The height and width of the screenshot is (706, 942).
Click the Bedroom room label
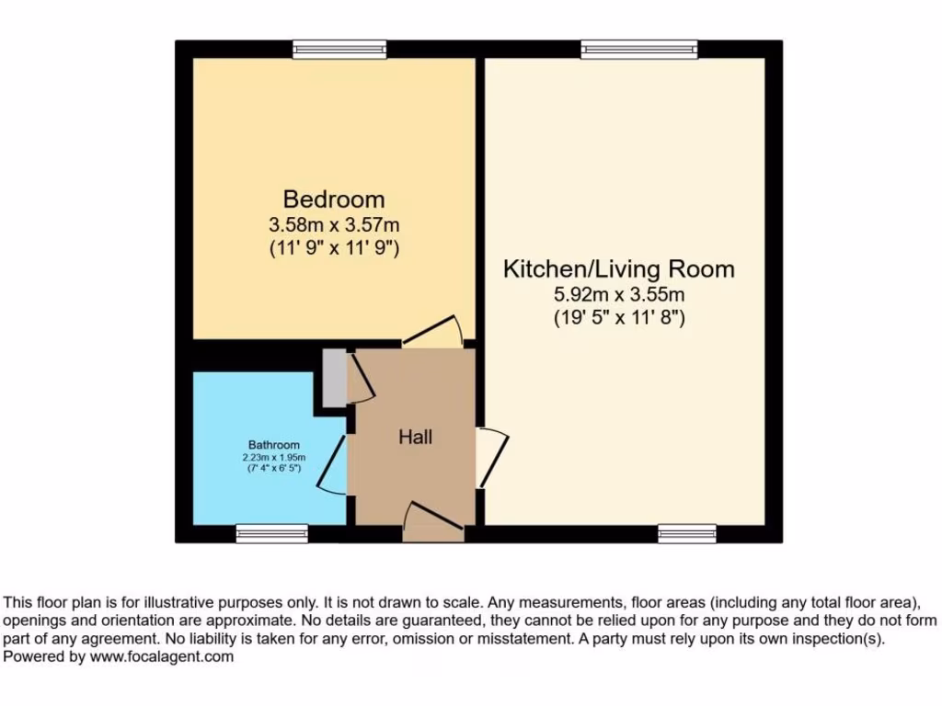click(x=333, y=199)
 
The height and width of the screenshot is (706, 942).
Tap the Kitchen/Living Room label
click(x=618, y=269)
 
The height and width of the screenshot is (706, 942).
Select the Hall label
click(x=415, y=437)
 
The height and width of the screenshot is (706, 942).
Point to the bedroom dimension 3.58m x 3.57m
click(x=333, y=223)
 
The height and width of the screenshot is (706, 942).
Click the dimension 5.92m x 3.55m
click(x=618, y=295)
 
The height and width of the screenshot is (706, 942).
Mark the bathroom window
click(x=271, y=533)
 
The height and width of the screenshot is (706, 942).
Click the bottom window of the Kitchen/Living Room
click(x=687, y=533)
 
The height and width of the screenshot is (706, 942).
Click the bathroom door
click(x=335, y=464)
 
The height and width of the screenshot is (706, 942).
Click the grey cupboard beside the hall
click(x=335, y=377)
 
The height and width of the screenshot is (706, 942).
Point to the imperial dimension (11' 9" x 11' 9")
click(x=333, y=247)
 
